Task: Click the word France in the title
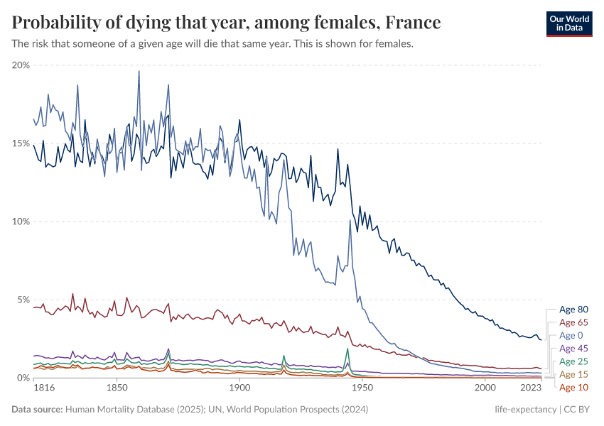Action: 413,23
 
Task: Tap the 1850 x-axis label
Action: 117,389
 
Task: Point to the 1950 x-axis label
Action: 362,389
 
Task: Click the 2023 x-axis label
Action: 531,389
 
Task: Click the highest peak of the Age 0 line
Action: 139,70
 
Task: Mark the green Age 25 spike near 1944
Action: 348,349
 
